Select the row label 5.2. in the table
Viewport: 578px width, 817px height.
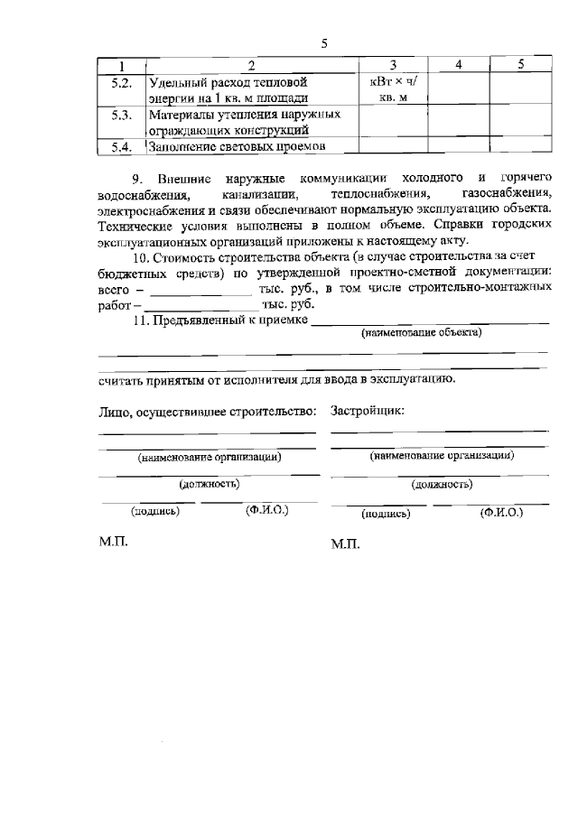click(x=122, y=81)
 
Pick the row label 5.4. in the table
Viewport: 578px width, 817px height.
click(x=122, y=146)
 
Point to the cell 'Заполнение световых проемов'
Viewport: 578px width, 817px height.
click(x=237, y=146)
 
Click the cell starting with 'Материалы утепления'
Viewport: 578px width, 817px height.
click(x=244, y=122)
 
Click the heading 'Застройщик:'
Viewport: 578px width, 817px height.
click(x=368, y=411)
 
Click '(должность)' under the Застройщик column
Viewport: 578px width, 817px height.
click(x=442, y=485)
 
